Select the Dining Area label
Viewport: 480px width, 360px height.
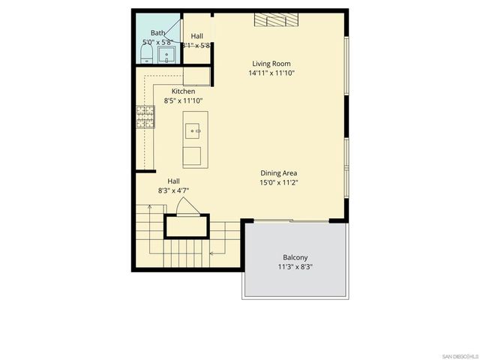click(280, 172)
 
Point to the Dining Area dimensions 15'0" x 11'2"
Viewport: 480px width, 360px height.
click(280, 182)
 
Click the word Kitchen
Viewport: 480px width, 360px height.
click(183, 91)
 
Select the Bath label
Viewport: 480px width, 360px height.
click(157, 33)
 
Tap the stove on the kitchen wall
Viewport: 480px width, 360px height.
click(144, 115)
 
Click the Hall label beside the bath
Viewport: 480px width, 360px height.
click(197, 36)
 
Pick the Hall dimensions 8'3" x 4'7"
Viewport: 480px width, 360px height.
click(173, 190)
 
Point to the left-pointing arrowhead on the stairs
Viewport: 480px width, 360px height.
click(211, 253)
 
